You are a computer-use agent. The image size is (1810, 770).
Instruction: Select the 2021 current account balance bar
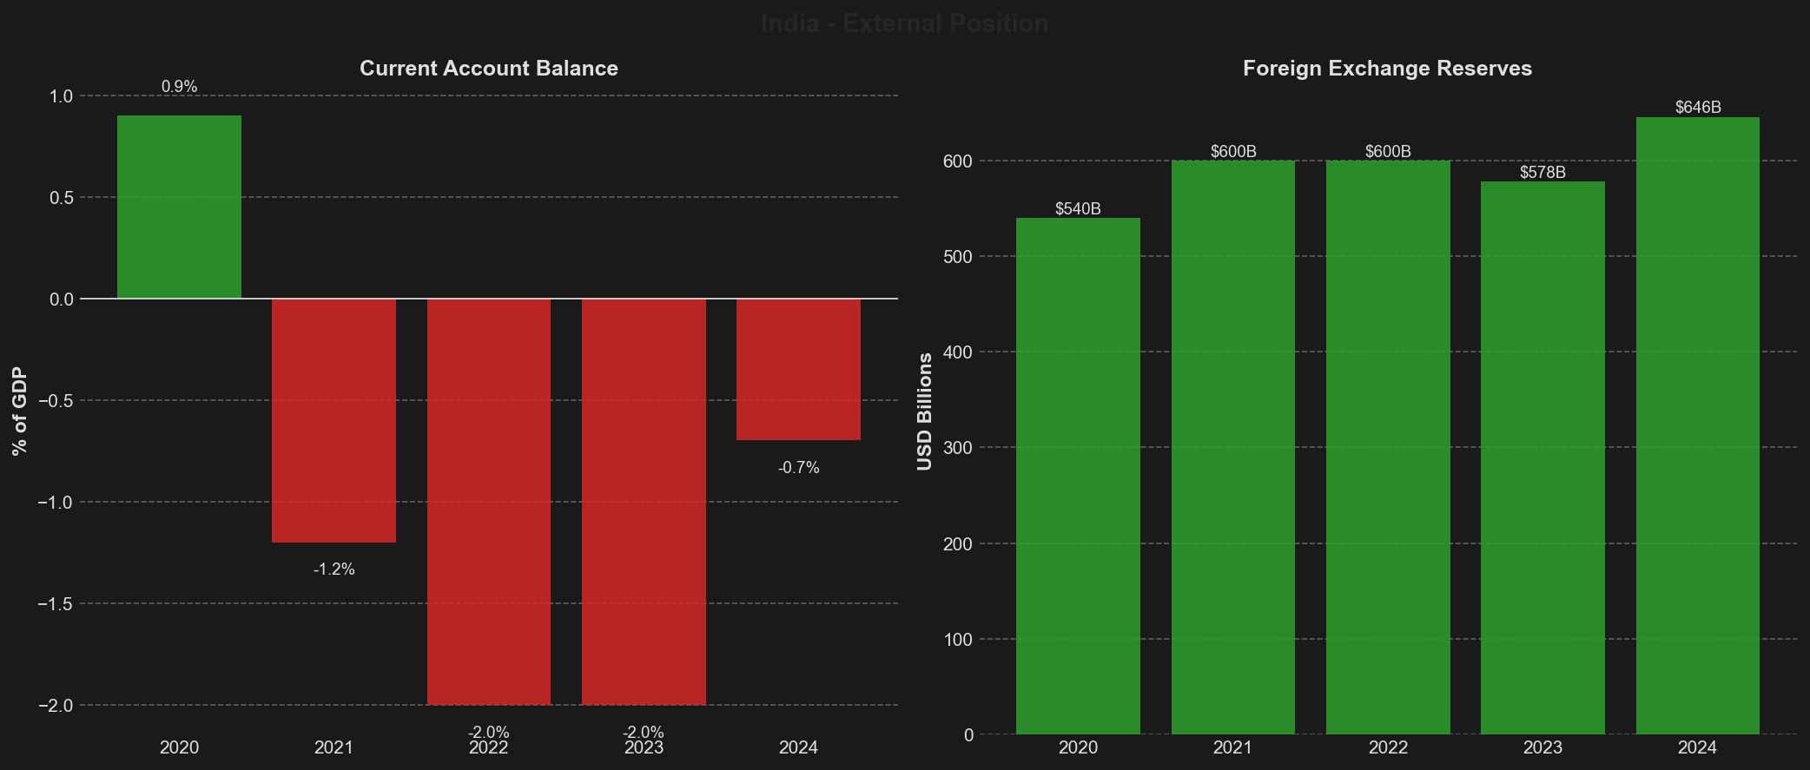click(x=334, y=420)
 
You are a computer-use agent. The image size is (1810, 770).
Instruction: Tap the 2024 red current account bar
click(x=798, y=369)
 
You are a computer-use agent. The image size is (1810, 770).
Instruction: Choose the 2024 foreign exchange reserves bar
click(x=1697, y=425)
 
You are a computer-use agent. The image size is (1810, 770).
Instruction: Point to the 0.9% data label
click(x=180, y=87)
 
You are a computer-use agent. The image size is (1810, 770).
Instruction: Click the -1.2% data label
click(x=334, y=569)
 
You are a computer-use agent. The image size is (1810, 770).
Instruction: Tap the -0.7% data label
click(x=799, y=468)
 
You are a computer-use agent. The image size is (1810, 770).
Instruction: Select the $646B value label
click(x=1698, y=108)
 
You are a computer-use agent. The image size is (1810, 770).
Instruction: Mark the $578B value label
click(x=1542, y=173)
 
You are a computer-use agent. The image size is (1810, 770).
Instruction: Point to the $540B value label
click(x=1078, y=209)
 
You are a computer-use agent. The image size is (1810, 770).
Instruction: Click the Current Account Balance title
click(x=489, y=69)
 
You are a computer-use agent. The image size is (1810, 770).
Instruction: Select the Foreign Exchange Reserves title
click(x=1387, y=69)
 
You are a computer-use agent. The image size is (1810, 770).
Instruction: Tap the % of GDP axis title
click(x=20, y=411)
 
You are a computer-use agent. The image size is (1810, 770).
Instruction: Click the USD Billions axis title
click(x=925, y=411)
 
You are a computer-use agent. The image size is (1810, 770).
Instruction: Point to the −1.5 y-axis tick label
click(x=54, y=604)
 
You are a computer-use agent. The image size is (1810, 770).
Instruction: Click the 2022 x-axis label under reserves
click(x=1388, y=747)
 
